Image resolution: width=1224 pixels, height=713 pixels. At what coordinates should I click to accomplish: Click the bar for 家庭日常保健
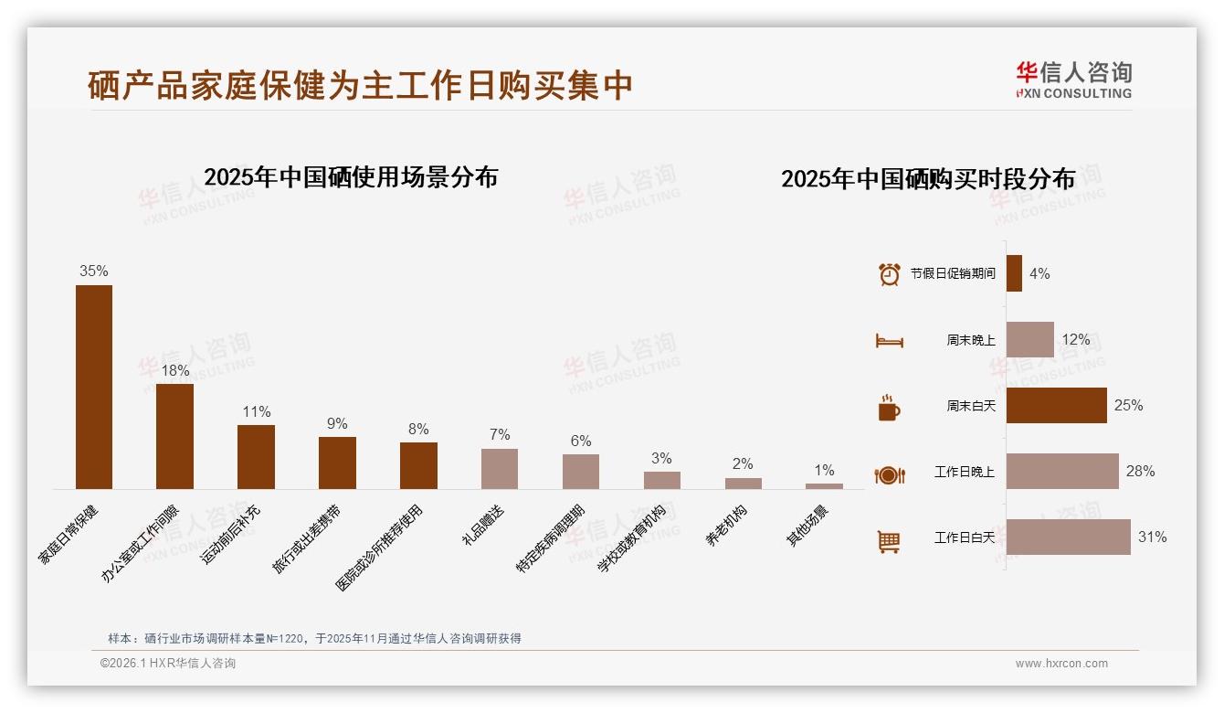[x=94, y=387]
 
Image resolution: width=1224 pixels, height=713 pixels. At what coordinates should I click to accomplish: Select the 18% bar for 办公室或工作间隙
[x=174, y=436]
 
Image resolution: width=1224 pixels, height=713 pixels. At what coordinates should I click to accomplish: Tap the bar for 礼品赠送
[x=500, y=468]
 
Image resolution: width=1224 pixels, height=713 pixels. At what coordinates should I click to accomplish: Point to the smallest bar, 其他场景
[x=824, y=486]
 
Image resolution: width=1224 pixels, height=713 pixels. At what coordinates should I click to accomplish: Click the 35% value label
[x=94, y=271]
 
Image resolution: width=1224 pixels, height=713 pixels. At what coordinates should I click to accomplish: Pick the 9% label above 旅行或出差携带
[x=337, y=423]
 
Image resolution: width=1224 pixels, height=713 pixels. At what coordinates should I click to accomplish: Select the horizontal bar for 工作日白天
[x=1068, y=537]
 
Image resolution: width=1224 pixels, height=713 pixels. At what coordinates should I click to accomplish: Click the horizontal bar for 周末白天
[x=1056, y=405]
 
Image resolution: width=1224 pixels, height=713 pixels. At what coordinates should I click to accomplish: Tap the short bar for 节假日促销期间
[x=1014, y=273]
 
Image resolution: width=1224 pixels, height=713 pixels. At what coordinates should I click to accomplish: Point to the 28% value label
[x=1140, y=472]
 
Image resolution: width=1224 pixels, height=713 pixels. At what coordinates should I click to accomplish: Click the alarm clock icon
[x=889, y=273]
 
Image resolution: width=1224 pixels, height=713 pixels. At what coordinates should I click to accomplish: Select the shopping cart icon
[x=889, y=541]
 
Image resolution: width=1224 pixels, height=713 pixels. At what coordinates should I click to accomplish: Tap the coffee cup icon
[x=889, y=408]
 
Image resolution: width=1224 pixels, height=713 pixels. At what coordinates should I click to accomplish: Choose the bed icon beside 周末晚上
[x=889, y=341]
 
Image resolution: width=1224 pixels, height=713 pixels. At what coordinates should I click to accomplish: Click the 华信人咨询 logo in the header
[x=1073, y=80]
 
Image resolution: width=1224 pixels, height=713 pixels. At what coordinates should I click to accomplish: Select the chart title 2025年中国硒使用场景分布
[x=351, y=177]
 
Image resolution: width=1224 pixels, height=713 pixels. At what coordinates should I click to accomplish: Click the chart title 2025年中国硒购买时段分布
[x=928, y=179]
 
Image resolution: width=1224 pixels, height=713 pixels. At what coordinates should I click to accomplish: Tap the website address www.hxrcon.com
[x=1061, y=664]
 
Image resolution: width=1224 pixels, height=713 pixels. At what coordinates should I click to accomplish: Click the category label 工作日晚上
[x=964, y=473]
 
